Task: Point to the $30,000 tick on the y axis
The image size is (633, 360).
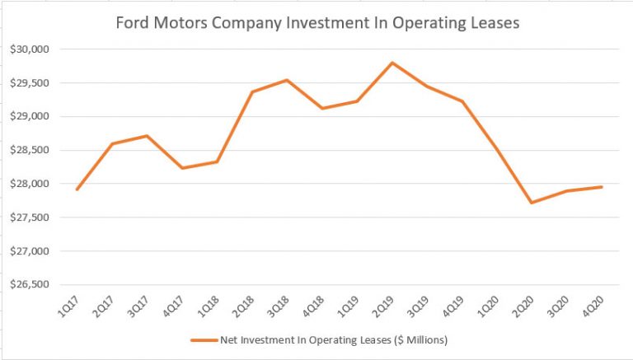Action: [30, 49]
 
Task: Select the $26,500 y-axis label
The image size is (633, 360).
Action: [30, 285]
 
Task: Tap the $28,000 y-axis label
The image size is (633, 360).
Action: [30, 184]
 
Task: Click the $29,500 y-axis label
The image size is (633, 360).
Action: [30, 82]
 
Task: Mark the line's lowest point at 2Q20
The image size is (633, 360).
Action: [533, 203]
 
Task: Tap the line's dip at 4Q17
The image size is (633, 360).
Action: [182, 168]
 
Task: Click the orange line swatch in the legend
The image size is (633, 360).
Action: [202, 339]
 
